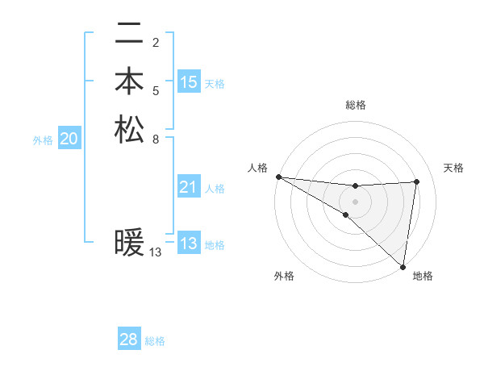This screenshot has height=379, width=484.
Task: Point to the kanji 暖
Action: pyautogui.click(x=129, y=243)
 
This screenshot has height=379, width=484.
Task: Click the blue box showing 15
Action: pyautogui.click(x=189, y=82)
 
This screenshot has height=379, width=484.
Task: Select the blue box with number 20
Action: pyautogui.click(x=69, y=140)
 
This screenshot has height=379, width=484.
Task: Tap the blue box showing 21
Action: pyautogui.click(x=189, y=188)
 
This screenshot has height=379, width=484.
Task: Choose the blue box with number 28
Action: pyautogui.click(x=129, y=339)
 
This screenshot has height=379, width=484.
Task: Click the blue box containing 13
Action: pyautogui.click(x=189, y=244)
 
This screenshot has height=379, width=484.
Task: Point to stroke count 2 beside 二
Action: pyautogui.click(x=156, y=42)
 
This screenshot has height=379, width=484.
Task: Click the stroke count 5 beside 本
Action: pyautogui.click(x=156, y=90)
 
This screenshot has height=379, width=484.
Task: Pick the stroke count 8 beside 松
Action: pyautogui.click(x=156, y=138)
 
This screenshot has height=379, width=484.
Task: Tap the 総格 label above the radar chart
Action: pyautogui.click(x=356, y=105)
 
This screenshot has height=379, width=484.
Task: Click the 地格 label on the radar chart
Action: pyautogui.click(x=423, y=276)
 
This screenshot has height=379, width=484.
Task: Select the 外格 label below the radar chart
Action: pyautogui.click(x=284, y=276)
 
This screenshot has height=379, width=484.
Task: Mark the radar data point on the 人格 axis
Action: pyautogui.click(x=278, y=177)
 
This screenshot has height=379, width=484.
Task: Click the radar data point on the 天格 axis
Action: pyautogui.click(x=417, y=181)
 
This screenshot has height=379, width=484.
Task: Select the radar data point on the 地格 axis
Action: pyautogui.click(x=403, y=265)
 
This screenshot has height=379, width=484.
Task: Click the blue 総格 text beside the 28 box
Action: pyautogui.click(x=155, y=341)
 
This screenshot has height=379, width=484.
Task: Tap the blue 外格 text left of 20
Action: pyautogui.click(x=43, y=140)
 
